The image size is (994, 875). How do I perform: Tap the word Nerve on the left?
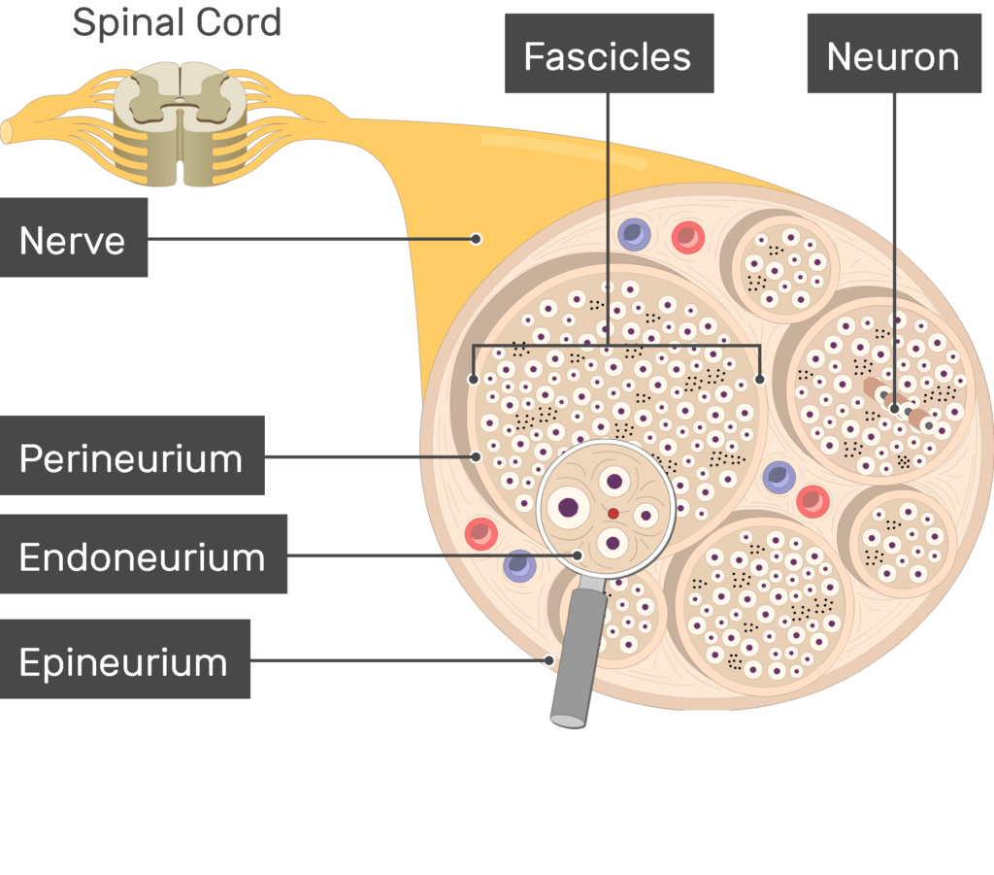tap(73, 239)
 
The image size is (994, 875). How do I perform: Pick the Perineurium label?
tap(131, 457)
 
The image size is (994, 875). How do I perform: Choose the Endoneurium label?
tap(143, 555)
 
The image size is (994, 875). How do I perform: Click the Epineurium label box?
tap(124, 661)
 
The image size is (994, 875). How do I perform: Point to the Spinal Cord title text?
tap(177, 21)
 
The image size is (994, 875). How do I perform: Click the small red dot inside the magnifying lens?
tap(613, 513)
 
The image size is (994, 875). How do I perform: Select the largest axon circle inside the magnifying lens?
tap(568, 506)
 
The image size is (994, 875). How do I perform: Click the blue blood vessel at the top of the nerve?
tap(634, 234)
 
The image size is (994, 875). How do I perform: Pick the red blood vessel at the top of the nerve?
tap(688, 237)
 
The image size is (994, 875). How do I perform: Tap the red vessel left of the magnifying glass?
tap(481, 533)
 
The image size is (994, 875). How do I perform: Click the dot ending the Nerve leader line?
tap(476, 239)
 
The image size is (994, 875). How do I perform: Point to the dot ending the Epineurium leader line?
tap(548, 661)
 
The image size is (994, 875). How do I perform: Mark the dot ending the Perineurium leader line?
tap(476, 456)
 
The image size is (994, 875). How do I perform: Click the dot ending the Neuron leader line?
tap(894, 409)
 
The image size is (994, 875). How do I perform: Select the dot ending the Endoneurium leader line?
tap(579, 555)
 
